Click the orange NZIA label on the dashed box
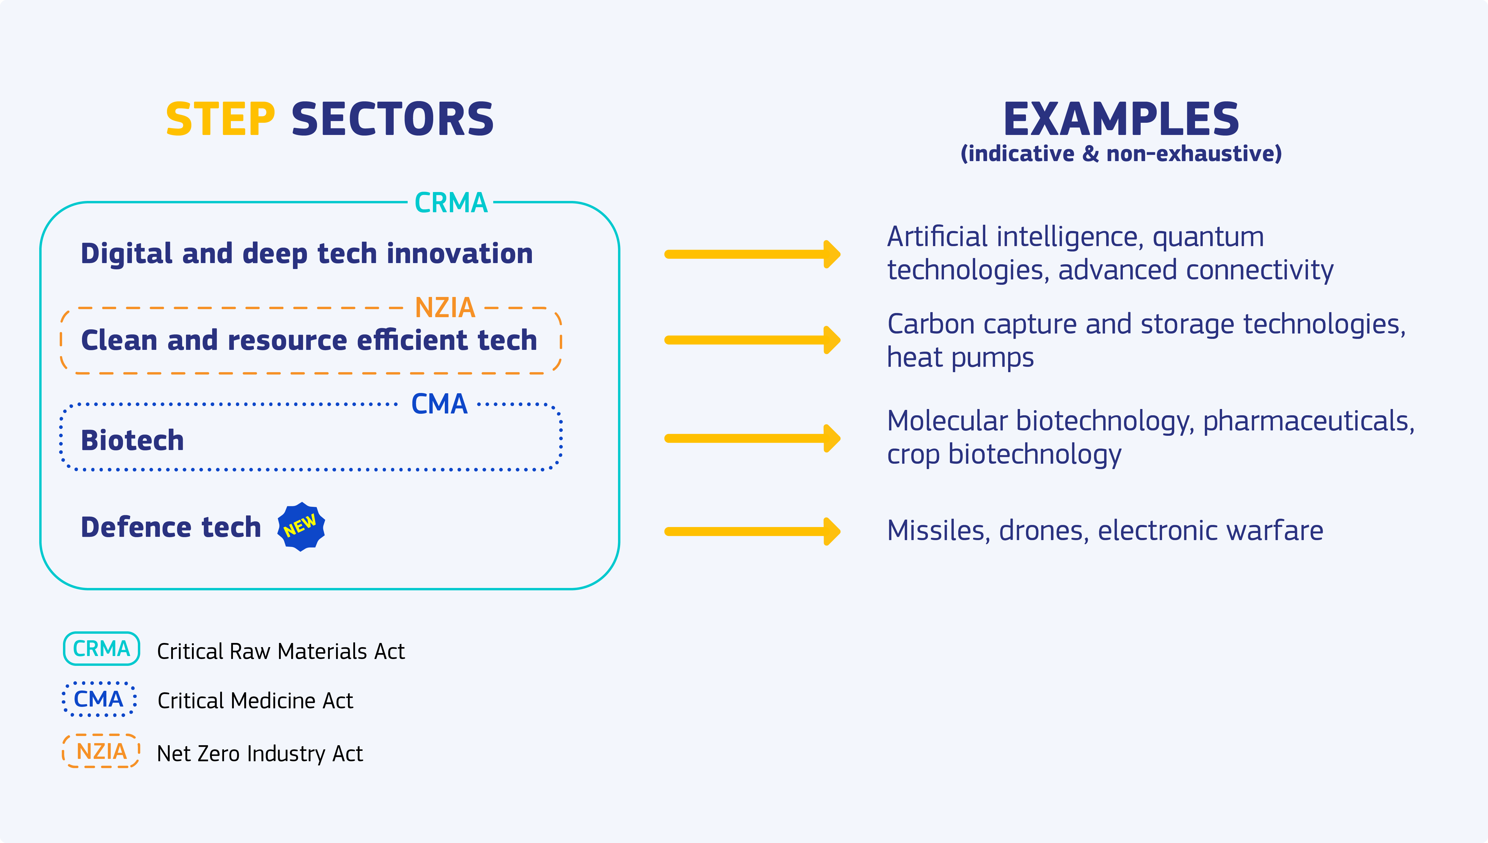[444, 307]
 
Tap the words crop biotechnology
[1004, 454]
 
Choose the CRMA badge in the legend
[101, 649]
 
